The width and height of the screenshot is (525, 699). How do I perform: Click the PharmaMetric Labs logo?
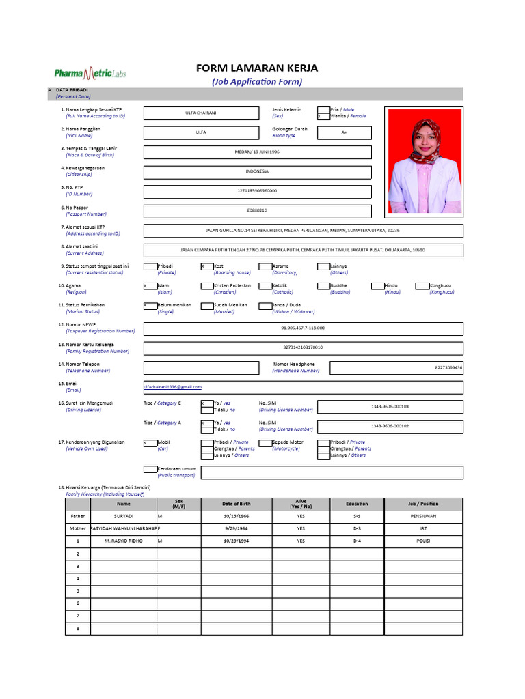click(x=90, y=73)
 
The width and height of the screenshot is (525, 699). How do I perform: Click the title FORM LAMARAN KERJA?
click(x=256, y=68)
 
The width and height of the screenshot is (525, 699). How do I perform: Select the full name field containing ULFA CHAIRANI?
click(x=200, y=113)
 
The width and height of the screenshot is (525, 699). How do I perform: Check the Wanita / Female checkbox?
click(x=323, y=116)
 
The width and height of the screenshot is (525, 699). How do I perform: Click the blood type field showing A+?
click(x=344, y=132)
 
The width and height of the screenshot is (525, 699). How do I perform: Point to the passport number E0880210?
click(x=257, y=211)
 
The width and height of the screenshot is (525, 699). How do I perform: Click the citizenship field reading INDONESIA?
click(x=257, y=171)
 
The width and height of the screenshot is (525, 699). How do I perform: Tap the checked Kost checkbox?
click(x=207, y=266)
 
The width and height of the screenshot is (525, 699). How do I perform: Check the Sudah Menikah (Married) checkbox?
click(x=207, y=306)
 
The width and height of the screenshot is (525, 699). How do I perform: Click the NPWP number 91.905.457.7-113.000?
click(x=303, y=328)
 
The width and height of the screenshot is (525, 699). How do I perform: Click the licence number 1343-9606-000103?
click(x=390, y=407)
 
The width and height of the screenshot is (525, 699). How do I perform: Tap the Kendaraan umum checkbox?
click(x=150, y=469)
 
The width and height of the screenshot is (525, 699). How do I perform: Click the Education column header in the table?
click(x=357, y=504)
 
